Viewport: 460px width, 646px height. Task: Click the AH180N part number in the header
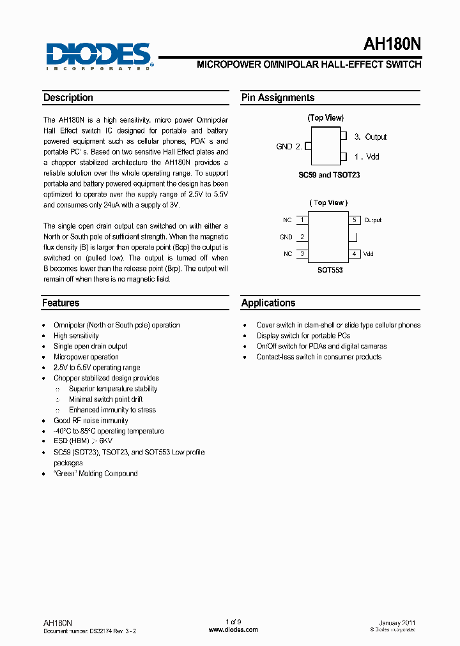(392, 43)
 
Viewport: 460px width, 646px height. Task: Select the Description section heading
(68, 98)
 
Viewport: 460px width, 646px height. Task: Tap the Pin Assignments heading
(277, 98)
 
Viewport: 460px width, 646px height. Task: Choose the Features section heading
(61, 303)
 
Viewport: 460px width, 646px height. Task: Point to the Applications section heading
(268, 303)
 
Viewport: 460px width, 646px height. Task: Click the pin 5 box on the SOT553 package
(354, 220)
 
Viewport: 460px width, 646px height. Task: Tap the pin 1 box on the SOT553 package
(302, 220)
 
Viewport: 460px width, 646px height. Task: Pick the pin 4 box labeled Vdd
(354, 254)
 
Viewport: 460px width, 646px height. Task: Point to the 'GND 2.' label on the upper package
(289, 147)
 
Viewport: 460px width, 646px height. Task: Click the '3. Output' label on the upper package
(370, 137)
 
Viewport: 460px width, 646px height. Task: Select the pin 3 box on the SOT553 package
(302, 254)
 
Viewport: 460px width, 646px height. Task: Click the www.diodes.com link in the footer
(233, 630)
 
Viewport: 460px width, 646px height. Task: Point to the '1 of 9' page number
(233, 622)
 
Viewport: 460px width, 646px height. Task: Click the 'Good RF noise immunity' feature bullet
(91, 421)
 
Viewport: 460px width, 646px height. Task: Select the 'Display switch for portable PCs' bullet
(303, 336)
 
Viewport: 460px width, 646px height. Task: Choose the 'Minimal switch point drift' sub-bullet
(105, 400)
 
